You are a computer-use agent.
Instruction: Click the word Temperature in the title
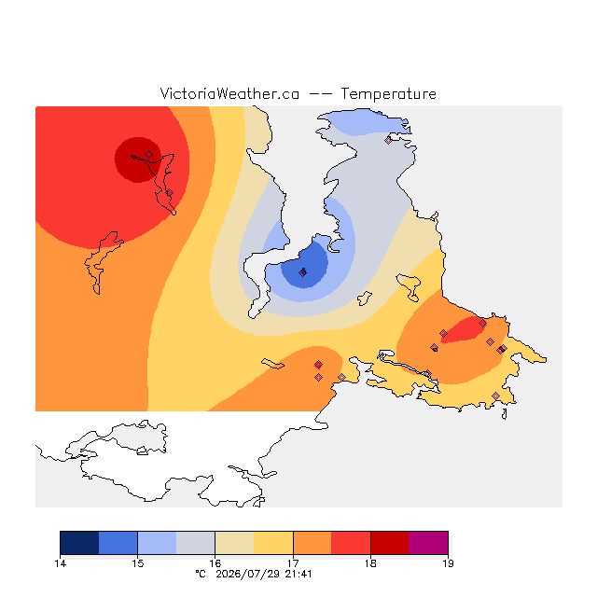(388, 94)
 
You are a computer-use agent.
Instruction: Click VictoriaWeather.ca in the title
(229, 93)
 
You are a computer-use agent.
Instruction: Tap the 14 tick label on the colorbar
(60, 563)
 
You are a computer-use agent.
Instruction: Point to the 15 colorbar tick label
(138, 563)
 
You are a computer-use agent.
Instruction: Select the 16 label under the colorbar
(215, 563)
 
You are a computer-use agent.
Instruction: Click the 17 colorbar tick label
(293, 563)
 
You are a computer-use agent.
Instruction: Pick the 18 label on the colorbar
(370, 563)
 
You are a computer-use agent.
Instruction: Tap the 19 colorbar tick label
(448, 563)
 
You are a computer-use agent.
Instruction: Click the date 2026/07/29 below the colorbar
(248, 575)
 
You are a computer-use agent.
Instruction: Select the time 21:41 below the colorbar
(298, 575)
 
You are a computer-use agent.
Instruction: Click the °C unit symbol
(201, 574)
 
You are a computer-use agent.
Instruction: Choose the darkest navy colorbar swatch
(79, 543)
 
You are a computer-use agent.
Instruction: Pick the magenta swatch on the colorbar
(428, 543)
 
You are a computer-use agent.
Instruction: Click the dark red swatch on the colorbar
(390, 543)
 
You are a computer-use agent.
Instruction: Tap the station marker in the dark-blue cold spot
(302, 272)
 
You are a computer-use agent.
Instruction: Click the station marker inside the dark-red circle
(149, 154)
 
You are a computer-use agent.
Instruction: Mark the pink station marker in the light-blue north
(388, 141)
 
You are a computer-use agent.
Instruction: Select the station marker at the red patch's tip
(482, 324)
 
